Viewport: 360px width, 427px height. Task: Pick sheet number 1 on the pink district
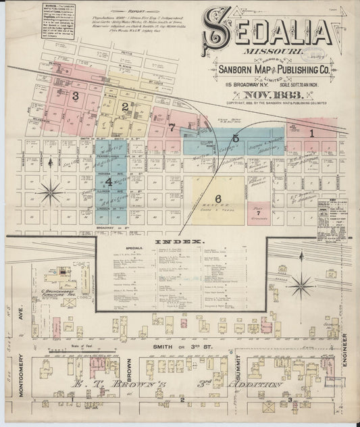(x=312, y=133)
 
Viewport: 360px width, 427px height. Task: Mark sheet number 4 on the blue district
(x=107, y=181)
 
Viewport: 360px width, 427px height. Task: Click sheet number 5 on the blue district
(x=235, y=139)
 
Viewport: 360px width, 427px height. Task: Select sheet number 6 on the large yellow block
(x=218, y=197)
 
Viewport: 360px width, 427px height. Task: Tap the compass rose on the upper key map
(x=49, y=193)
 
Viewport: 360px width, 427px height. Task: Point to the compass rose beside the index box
(x=300, y=285)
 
